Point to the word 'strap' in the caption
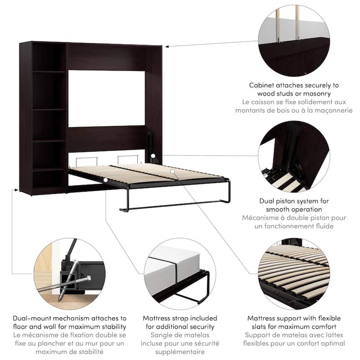181,318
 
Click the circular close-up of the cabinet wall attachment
294,40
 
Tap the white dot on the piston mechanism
153,156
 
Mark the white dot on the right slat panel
172,171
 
